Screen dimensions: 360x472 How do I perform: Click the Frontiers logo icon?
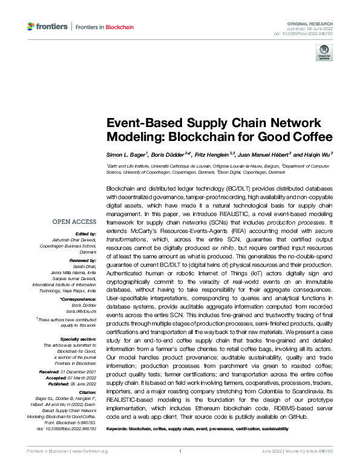[x=31, y=27]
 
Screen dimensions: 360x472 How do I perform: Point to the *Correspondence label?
[x=79, y=300]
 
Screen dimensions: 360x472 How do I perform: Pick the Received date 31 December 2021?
[x=82, y=370]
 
